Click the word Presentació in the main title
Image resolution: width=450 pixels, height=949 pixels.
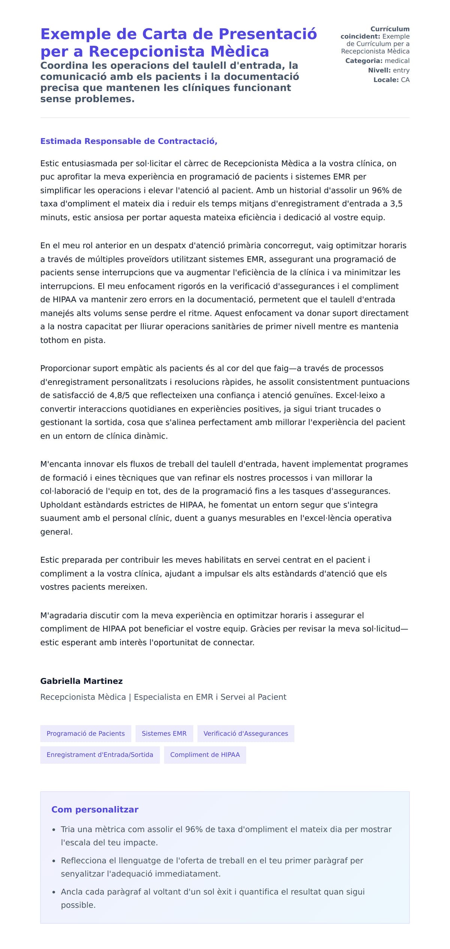pyautogui.click(x=268, y=34)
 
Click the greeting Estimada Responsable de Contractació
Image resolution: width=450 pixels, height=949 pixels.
pyautogui.click(x=129, y=141)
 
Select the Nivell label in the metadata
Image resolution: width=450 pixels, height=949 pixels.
pyautogui.click(x=379, y=70)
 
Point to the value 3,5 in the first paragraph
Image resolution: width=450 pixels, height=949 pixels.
pyautogui.click(x=396, y=204)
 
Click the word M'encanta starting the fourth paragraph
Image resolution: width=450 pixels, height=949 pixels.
pyautogui.click(x=60, y=464)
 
